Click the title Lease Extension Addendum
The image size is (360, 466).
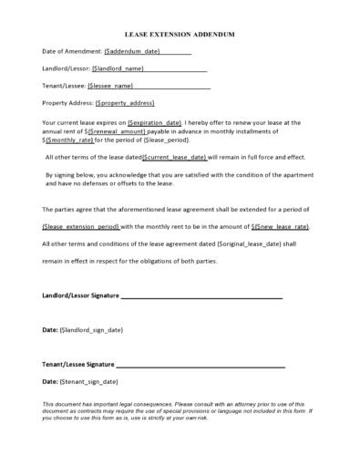click(x=179, y=34)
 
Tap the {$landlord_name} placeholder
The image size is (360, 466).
click(x=118, y=68)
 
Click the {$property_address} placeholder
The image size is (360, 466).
click(x=124, y=103)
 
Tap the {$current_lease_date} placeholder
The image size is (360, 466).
click(x=176, y=158)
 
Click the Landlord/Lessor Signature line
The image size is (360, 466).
click(x=201, y=296)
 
